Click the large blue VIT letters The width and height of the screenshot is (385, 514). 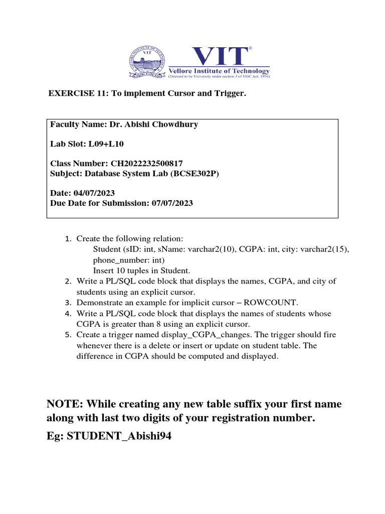(219, 56)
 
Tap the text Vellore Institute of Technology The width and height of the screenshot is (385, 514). (219, 70)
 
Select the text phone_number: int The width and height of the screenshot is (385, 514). (128, 261)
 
